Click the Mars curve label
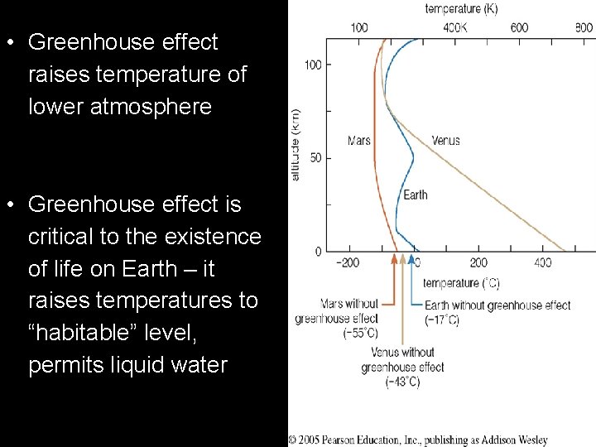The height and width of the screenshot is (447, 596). pos(359,141)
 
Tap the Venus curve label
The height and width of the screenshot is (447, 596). pos(445,141)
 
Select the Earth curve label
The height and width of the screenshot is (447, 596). pos(416,195)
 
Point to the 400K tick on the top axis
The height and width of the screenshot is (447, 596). pos(454,28)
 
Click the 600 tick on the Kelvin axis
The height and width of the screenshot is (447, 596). pos(519,28)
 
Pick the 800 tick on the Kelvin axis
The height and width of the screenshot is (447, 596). pos(583,28)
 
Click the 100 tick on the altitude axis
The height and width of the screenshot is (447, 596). pos(313,65)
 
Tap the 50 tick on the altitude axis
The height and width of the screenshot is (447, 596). pos(315,158)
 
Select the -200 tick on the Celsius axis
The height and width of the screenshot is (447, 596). pos(348,263)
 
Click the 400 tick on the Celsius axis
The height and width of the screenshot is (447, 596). pos(542,263)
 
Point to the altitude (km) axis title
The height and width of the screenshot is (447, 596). pos(296,146)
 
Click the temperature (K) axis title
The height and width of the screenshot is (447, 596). pos(462,9)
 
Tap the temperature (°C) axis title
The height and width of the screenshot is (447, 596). pos(462,284)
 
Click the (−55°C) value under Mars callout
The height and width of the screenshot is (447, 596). pos(360,334)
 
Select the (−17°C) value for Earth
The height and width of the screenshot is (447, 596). pos(441,320)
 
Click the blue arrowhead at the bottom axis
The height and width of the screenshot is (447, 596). pos(412,258)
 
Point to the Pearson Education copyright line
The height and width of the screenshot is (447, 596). pos(417,440)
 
